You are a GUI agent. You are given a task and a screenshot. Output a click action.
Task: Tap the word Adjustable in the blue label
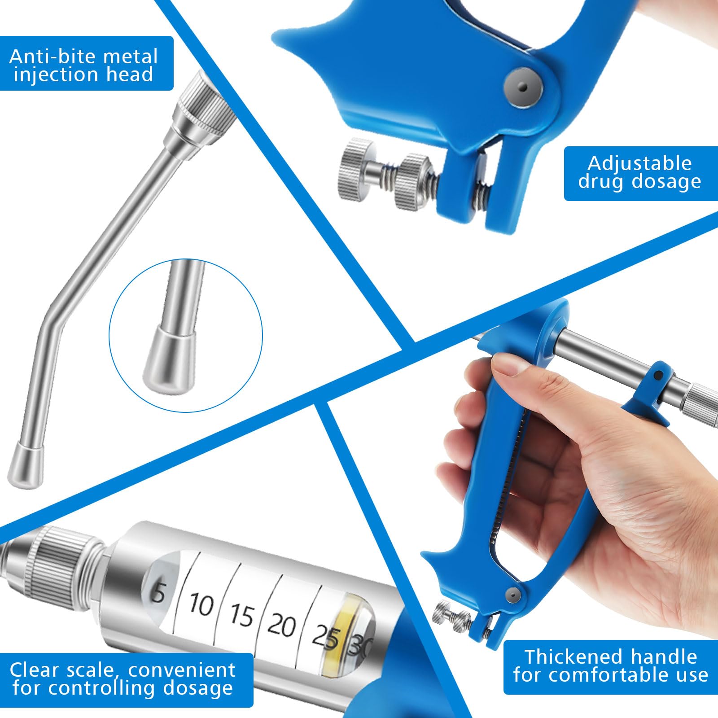coord(640,164)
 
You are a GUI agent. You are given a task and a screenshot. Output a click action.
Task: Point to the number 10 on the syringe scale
coord(201,604)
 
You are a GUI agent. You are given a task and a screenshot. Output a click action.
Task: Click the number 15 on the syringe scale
coord(242,614)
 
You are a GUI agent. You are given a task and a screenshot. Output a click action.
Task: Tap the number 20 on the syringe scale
coord(282,625)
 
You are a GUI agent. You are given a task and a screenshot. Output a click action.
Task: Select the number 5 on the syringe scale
coord(158,593)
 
